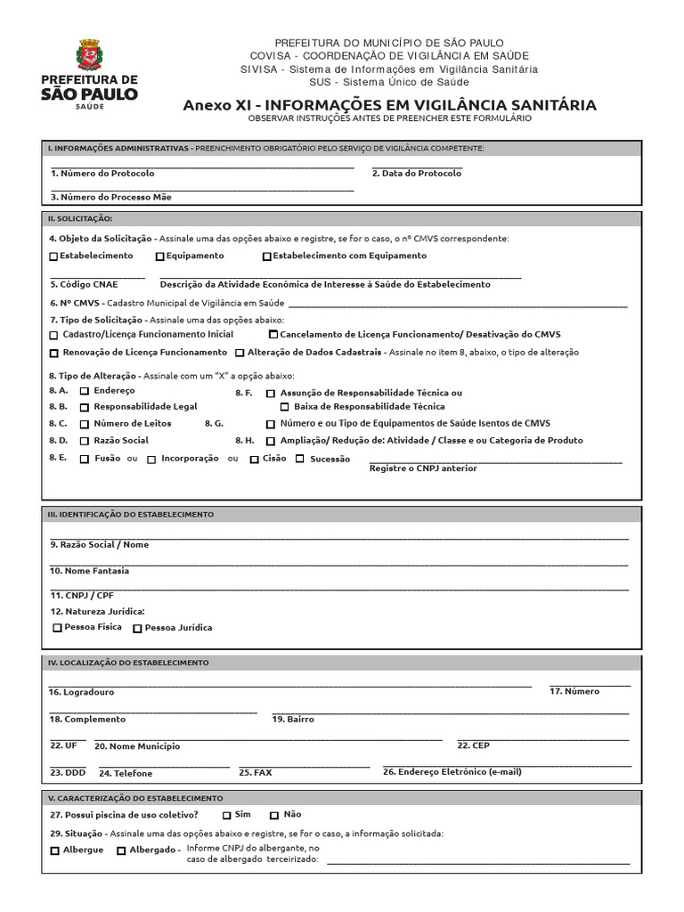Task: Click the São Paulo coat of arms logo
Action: (x=89, y=55)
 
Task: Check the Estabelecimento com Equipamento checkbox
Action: (x=267, y=256)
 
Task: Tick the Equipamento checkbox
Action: (x=159, y=256)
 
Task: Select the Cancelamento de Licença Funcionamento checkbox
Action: (x=273, y=335)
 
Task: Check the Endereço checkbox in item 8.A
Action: (x=85, y=391)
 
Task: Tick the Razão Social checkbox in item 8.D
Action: (x=85, y=441)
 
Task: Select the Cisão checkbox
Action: (x=255, y=460)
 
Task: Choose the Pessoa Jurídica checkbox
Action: (x=137, y=628)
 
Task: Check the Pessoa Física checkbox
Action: (x=58, y=628)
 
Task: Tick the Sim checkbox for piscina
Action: (x=227, y=815)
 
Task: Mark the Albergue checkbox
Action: (x=55, y=851)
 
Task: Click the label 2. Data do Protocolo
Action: (x=417, y=174)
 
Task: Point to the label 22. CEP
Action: (x=473, y=745)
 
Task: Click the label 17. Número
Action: (x=574, y=691)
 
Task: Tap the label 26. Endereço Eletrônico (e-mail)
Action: (x=452, y=772)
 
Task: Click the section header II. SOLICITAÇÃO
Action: (x=80, y=219)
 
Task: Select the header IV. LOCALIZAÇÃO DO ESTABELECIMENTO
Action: (x=128, y=663)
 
